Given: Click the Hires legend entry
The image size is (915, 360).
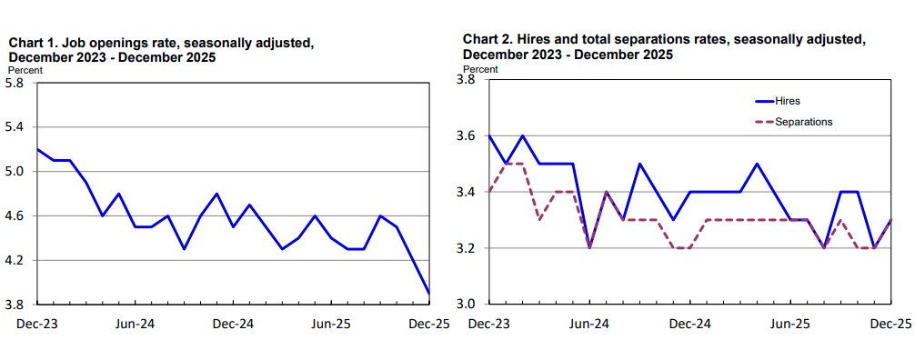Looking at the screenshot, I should point(788,101).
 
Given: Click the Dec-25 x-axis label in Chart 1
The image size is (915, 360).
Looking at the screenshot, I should point(427,324).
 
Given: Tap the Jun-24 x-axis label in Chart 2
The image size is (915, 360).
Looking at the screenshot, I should point(589,324).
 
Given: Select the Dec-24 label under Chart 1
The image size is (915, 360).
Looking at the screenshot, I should point(234,324).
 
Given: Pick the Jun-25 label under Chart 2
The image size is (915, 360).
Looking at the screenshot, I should point(790,324).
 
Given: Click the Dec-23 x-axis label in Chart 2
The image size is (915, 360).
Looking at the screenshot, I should point(488,324).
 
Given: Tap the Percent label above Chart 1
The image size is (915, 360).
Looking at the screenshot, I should point(25,69).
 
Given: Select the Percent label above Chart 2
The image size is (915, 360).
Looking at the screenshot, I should point(480,68).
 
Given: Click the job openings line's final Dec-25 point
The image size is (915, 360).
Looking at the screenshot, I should point(429,294).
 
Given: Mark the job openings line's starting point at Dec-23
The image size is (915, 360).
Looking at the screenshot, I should point(37,149).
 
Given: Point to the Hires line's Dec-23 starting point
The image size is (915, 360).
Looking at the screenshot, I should point(489,135).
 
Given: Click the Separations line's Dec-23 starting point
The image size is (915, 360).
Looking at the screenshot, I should point(489,192).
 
